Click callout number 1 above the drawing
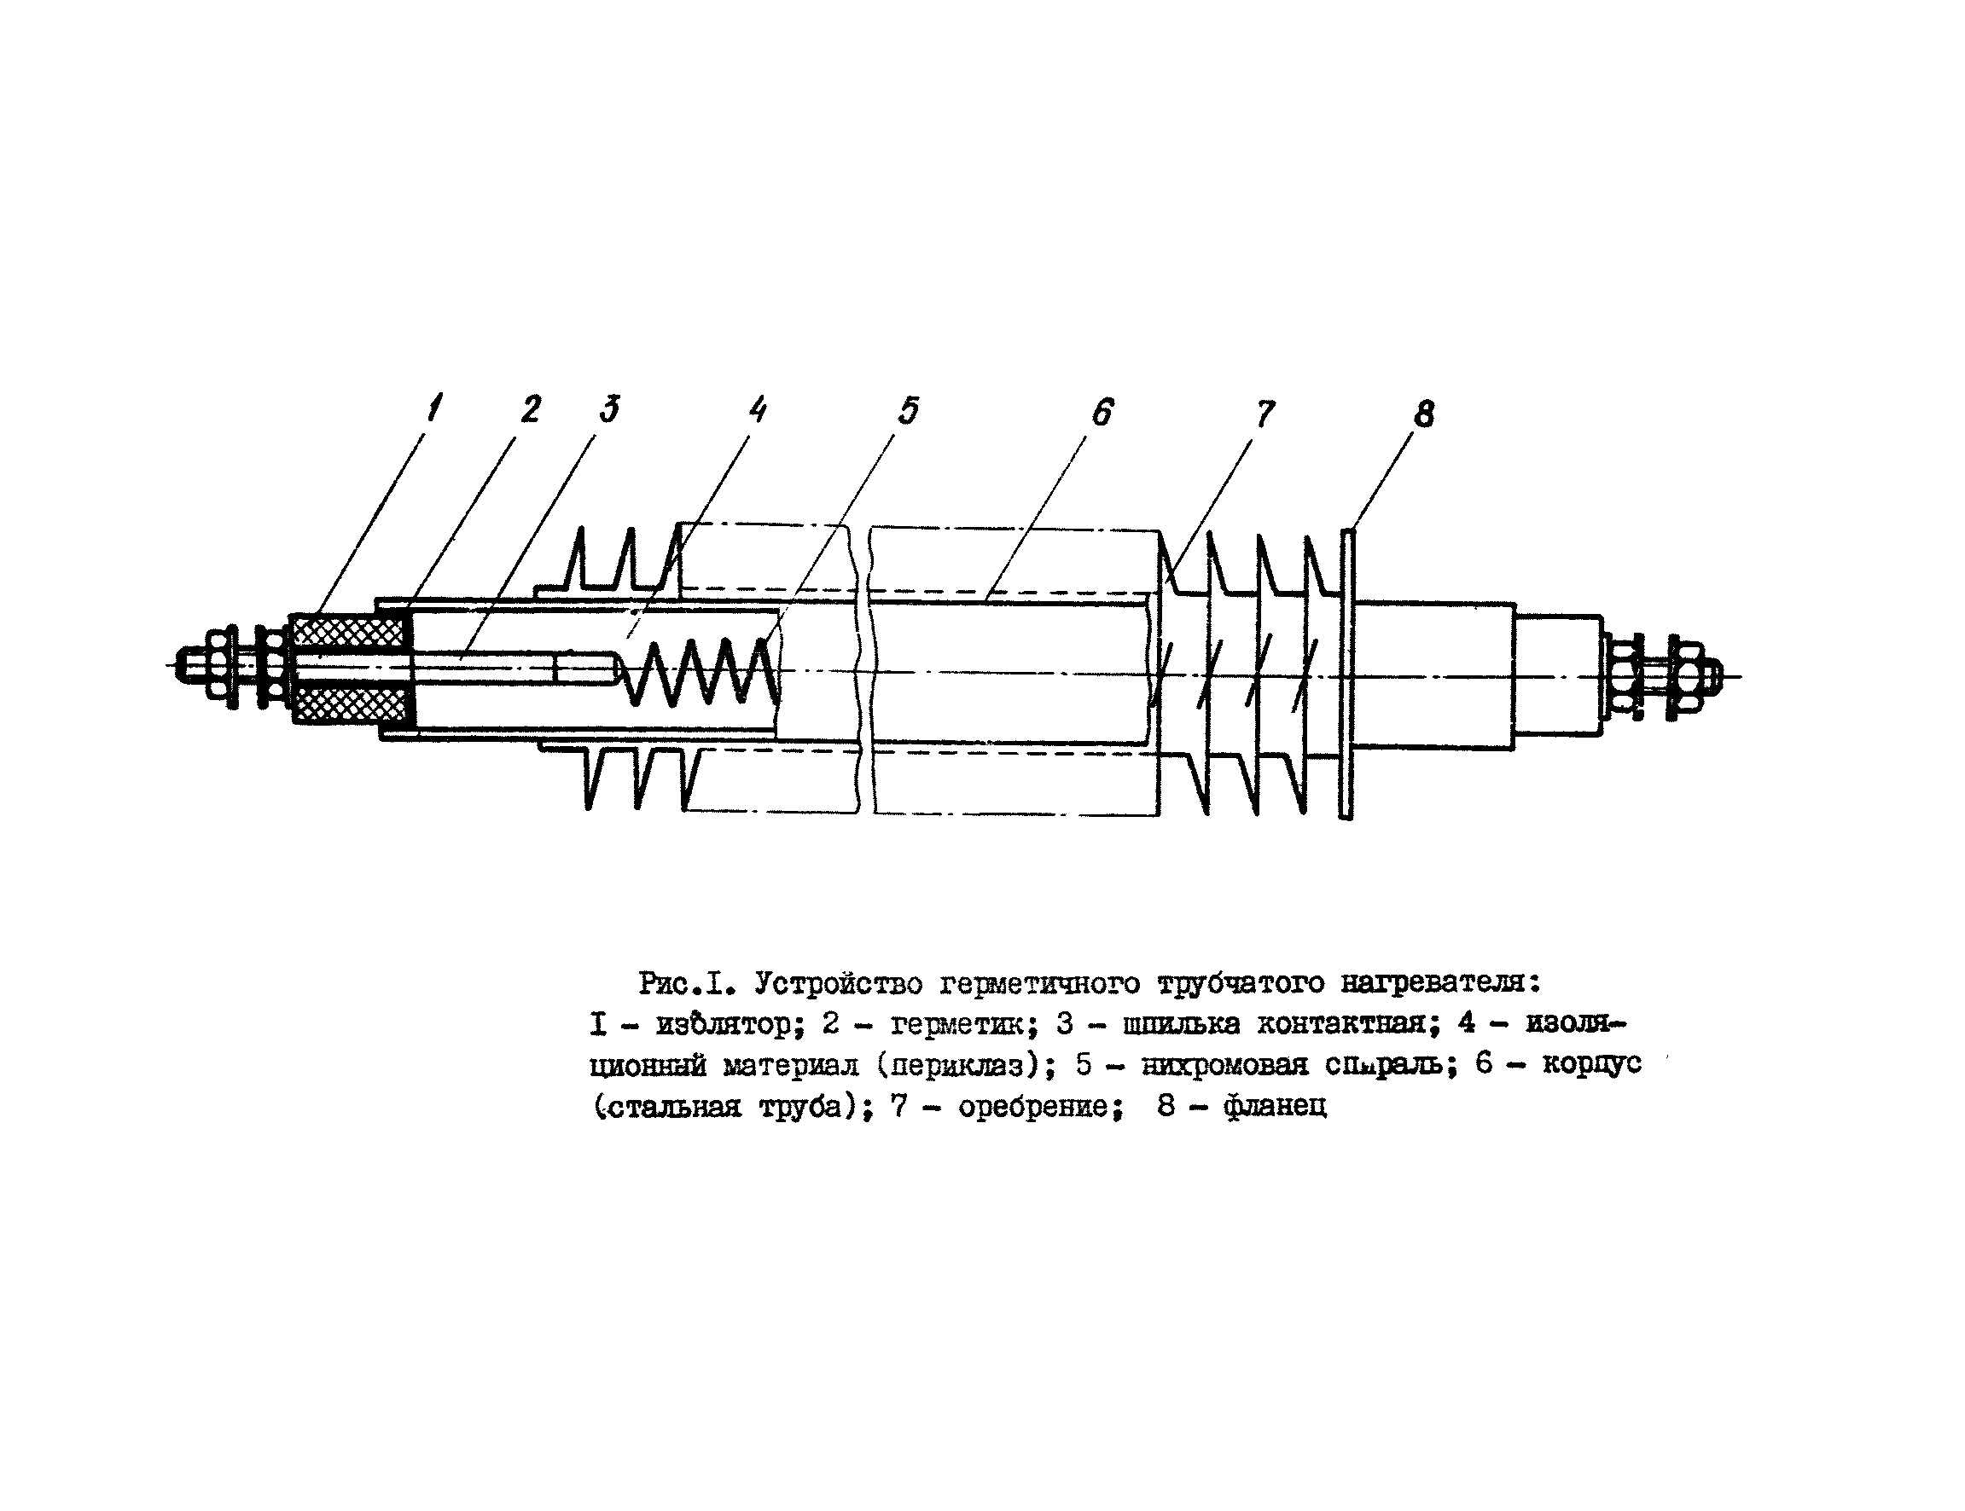pos(435,409)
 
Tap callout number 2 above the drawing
pos(531,409)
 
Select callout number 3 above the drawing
pos(610,409)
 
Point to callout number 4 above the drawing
pos(759,410)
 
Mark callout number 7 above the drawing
pos(1265,414)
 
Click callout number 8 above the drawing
pos(1424,414)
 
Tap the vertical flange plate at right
pos(1347,674)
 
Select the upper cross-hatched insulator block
pos(351,632)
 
